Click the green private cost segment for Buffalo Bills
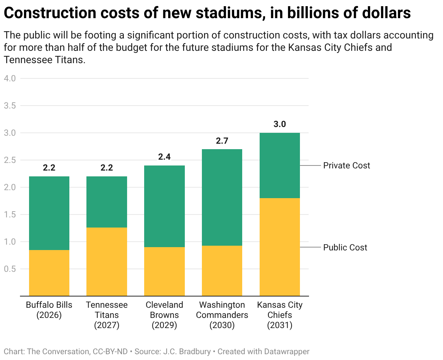49,213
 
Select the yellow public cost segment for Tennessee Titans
107,262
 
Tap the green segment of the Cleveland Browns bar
164,206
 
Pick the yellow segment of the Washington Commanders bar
222,271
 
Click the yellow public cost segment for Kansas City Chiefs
280,247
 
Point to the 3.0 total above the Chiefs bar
280,124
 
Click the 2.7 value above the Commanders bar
222,141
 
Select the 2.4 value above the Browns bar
164,157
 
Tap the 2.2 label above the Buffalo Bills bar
49,168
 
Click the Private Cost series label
346,165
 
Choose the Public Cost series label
345,247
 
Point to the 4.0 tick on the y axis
10,78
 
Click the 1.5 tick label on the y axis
10,214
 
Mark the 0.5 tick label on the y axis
10,269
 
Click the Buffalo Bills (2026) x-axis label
49,310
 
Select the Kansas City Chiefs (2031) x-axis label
280,315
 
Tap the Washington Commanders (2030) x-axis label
222,315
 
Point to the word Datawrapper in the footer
286,352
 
